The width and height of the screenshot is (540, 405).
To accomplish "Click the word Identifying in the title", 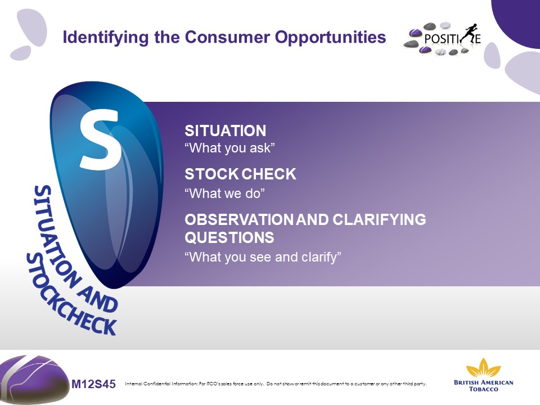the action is (x=106, y=38).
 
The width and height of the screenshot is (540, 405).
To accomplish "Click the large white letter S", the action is (x=101, y=139).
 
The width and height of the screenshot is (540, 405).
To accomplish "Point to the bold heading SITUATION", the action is (x=225, y=131).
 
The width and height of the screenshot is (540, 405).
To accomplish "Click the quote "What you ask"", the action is (x=229, y=148).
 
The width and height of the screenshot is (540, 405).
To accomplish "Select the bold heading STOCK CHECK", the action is (x=240, y=174).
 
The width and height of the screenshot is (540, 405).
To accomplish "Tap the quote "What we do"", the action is (x=224, y=193).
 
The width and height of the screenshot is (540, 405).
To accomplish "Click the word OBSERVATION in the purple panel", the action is (x=239, y=220).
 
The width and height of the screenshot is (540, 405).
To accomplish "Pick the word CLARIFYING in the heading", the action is (x=379, y=220).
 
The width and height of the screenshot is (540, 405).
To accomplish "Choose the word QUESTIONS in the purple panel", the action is (x=229, y=237).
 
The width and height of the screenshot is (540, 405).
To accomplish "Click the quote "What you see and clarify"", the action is (x=263, y=257).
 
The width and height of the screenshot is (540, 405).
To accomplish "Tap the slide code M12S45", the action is (x=94, y=384).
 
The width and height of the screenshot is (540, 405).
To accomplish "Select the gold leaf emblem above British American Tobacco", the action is (x=483, y=368).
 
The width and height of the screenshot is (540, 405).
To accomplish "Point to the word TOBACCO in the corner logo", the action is (x=484, y=389).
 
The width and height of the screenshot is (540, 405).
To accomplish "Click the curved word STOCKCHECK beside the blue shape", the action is (x=71, y=296).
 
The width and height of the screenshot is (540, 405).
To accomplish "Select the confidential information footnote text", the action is (x=276, y=384).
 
